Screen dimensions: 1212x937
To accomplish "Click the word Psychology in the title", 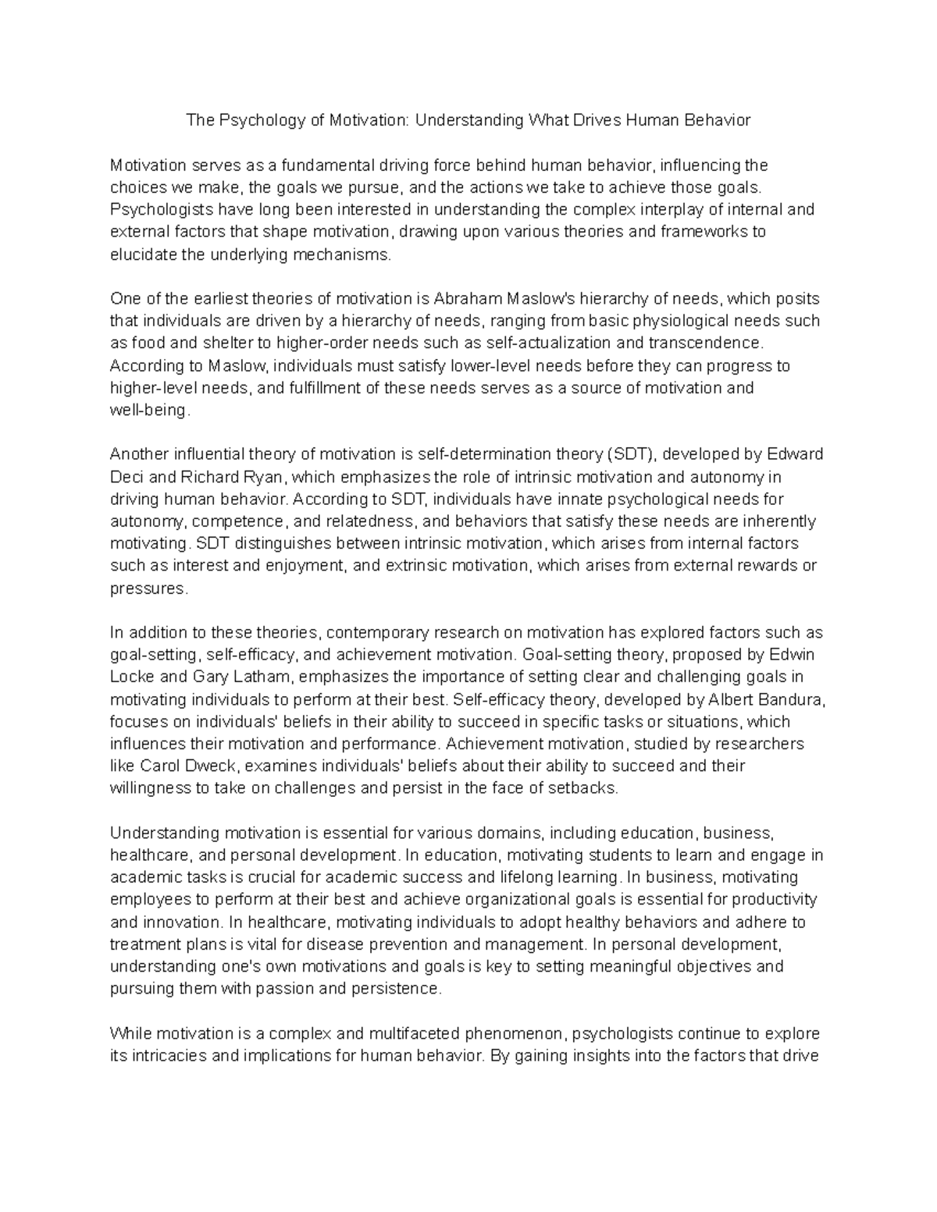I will click(258, 120).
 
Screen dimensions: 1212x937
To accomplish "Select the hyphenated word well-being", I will click(149, 411).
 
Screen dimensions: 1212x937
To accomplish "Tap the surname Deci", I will click(128, 477).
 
